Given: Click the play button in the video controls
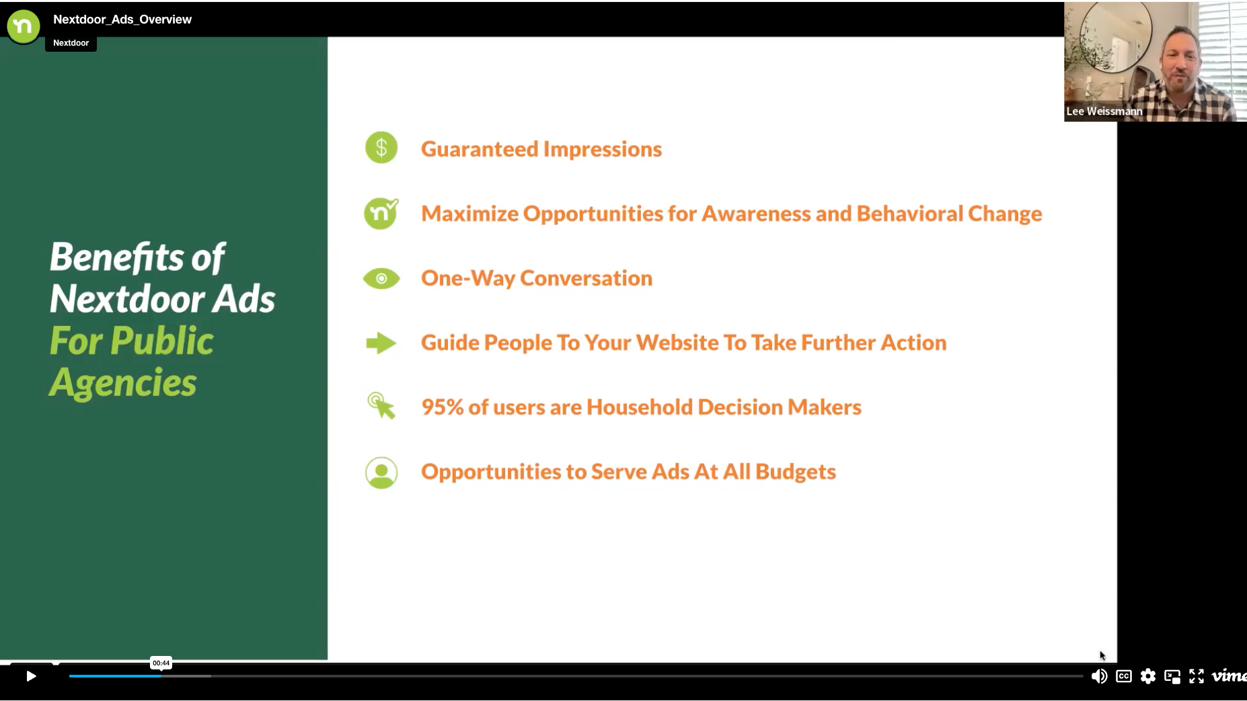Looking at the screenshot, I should pyautogui.click(x=31, y=676).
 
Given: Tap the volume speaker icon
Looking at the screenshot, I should pyautogui.click(x=1099, y=676).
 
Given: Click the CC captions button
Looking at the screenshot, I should pyautogui.click(x=1124, y=676).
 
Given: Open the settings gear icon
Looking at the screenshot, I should pyautogui.click(x=1148, y=676).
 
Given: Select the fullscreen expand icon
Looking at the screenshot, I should pyautogui.click(x=1197, y=676).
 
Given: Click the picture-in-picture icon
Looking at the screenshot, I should pyautogui.click(x=1172, y=676).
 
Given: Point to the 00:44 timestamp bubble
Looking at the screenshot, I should pyautogui.click(x=161, y=663).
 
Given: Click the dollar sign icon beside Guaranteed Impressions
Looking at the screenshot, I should pyautogui.click(x=381, y=148).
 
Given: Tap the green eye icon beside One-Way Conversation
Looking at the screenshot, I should pyautogui.click(x=381, y=278).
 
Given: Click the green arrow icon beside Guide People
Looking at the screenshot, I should pyautogui.click(x=381, y=343).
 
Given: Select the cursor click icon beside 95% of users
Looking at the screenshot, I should pyautogui.click(x=381, y=406).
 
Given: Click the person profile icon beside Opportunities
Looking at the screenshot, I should pyautogui.click(x=381, y=472).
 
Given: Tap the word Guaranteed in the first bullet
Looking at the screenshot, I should pyautogui.click(x=479, y=149).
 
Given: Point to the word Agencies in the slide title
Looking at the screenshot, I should pyautogui.click(x=123, y=383).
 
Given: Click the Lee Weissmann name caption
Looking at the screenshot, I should pyautogui.click(x=1104, y=112).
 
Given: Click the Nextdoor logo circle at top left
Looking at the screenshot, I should pyautogui.click(x=24, y=26).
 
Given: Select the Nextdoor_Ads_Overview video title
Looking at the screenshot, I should pyautogui.click(x=122, y=19).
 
